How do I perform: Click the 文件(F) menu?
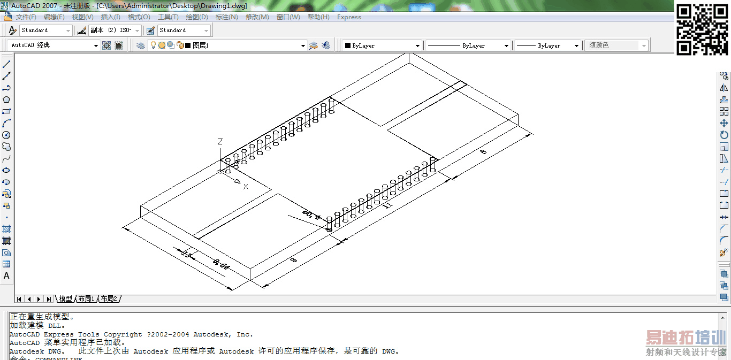point(26,17)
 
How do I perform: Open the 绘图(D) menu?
point(197,17)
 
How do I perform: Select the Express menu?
point(349,17)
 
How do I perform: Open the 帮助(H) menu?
point(318,17)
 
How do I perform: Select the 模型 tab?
point(65,298)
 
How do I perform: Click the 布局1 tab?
point(86,298)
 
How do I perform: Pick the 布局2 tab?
point(109,298)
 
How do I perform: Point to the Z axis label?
point(220,142)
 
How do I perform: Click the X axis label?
point(246,187)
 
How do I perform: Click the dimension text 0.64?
point(220,264)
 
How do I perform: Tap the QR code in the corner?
point(702,29)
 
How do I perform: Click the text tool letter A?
point(7,276)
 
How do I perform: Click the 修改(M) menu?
point(257,17)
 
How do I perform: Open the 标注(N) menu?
point(226,17)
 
